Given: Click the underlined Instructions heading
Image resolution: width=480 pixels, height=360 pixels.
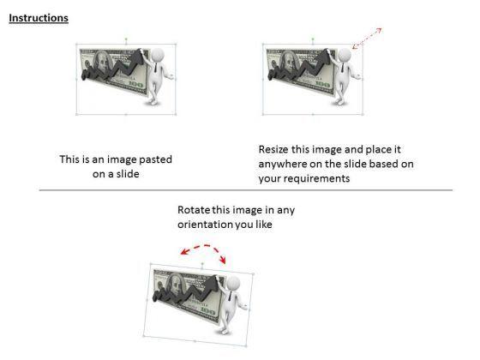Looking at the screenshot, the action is pos(39,18).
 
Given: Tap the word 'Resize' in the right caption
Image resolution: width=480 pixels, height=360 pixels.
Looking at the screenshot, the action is pos(273,149).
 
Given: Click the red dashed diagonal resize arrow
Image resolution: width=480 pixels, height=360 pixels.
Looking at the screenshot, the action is pos(367,39).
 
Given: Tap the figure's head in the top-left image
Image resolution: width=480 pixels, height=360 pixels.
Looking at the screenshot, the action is pos(158,55).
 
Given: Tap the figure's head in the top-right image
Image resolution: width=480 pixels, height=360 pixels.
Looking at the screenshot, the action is pos(345,55).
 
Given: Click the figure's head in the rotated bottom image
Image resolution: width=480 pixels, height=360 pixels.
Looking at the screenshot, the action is pos(233,282).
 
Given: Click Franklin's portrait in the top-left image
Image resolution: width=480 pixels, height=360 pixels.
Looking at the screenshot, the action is pos(103,62).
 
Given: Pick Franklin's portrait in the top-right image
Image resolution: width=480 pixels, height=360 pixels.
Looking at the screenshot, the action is pos(290,62).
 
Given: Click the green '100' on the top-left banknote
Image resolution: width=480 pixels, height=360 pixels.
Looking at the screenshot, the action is pos(136,84).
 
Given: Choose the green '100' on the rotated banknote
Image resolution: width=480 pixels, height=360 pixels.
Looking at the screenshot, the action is pos(208,312).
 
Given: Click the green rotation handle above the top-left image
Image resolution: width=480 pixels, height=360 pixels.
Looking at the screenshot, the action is pos(126,39).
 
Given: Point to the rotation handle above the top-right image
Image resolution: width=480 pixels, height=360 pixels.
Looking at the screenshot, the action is pos(313,39).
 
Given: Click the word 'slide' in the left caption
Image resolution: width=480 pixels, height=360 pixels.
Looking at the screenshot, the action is pos(128,174).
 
